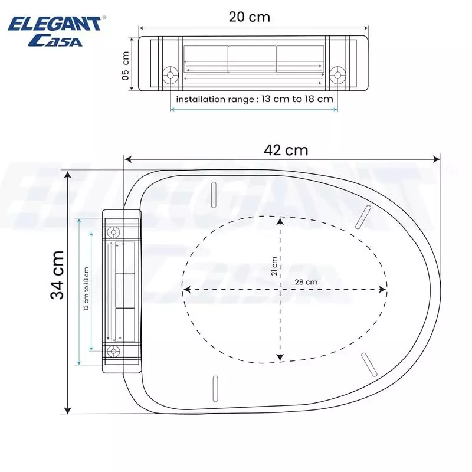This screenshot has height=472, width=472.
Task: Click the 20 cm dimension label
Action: [250, 17]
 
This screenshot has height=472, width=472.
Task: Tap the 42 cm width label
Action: [286, 150]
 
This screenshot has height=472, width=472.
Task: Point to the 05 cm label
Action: [125, 65]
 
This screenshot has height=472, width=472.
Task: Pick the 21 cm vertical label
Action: [274, 267]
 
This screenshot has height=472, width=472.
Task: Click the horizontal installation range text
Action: [254, 99]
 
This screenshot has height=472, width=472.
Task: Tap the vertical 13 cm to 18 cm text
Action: [86, 290]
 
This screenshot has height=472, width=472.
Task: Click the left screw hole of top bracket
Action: [171, 75]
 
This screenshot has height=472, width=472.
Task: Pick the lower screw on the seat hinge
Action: [113, 352]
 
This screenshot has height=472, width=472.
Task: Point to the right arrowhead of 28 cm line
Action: [385, 290]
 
